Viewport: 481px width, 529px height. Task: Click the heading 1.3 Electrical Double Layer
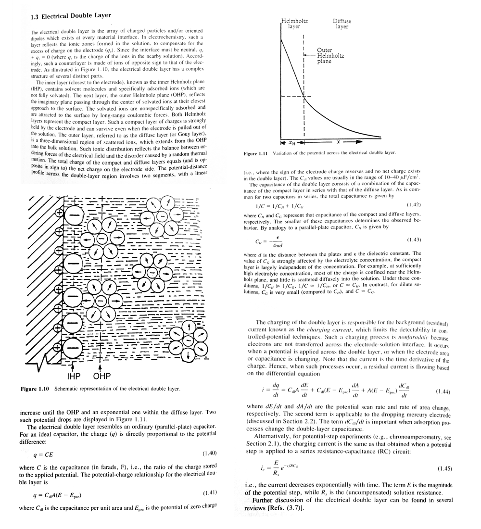[x=70, y=16]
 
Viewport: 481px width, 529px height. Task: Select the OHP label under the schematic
[x=101, y=377]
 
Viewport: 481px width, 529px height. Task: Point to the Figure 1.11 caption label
[x=257, y=153]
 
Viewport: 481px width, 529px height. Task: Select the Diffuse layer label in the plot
[x=342, y=24]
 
